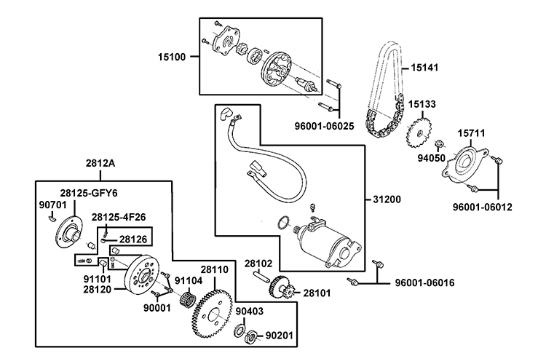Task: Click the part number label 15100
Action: click(x=172, y=55)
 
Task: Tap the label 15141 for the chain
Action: click(x=427, y=67)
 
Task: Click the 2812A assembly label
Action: click(x=100, y=163)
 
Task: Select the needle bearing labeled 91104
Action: click(x=186, y=298)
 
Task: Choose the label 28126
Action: click(x=133, y=238)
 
